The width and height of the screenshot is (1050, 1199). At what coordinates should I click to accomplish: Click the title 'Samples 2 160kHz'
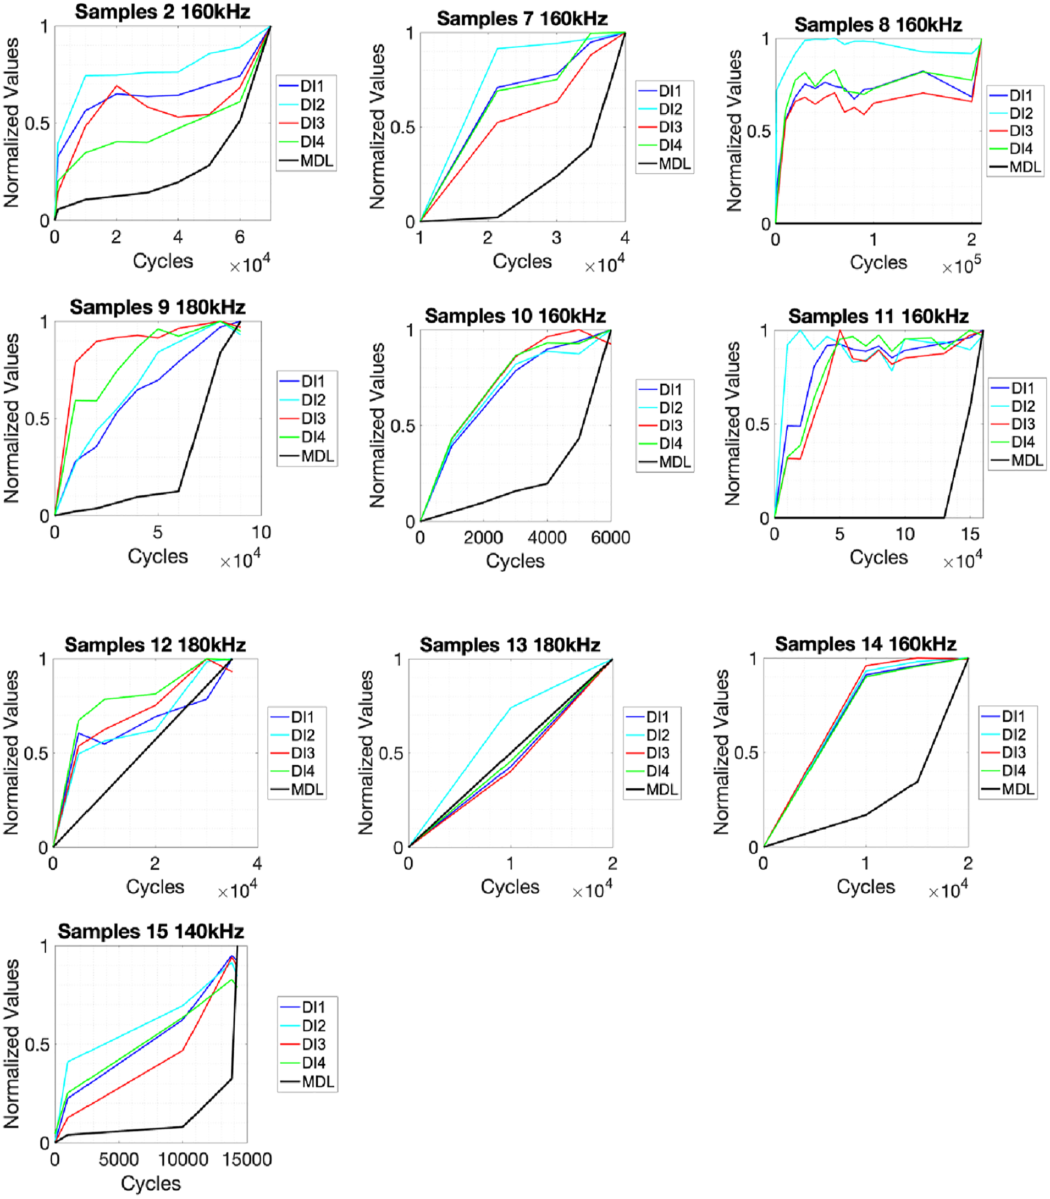pos(162,12)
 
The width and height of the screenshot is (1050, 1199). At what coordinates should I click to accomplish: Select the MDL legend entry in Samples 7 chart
pos(665,163)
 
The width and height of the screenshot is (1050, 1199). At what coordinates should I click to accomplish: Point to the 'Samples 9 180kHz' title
pos(157,307)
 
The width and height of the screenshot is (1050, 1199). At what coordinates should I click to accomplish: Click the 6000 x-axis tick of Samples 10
pos(611,538)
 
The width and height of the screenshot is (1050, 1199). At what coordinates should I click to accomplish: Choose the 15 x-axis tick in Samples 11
pos(970,534)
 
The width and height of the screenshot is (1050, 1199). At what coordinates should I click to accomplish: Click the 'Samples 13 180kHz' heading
pos(510,645)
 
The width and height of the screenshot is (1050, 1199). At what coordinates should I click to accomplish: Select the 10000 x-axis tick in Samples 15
pos(184,1159)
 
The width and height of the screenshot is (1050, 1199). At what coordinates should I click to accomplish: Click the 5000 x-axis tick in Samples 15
pos(119,1159)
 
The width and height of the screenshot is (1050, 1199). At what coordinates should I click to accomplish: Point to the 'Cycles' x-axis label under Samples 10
pos(515,561)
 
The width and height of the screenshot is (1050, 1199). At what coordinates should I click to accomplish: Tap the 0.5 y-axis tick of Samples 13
pos(391,753)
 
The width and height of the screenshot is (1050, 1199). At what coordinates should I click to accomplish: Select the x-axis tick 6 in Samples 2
pos(240,237)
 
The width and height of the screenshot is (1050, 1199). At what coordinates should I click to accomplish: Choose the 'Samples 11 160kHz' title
pos(878,317)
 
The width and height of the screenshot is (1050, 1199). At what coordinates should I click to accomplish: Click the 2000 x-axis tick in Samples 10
pos(483,538)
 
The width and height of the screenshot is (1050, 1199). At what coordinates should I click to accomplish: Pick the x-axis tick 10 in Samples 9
pos(261,532)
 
